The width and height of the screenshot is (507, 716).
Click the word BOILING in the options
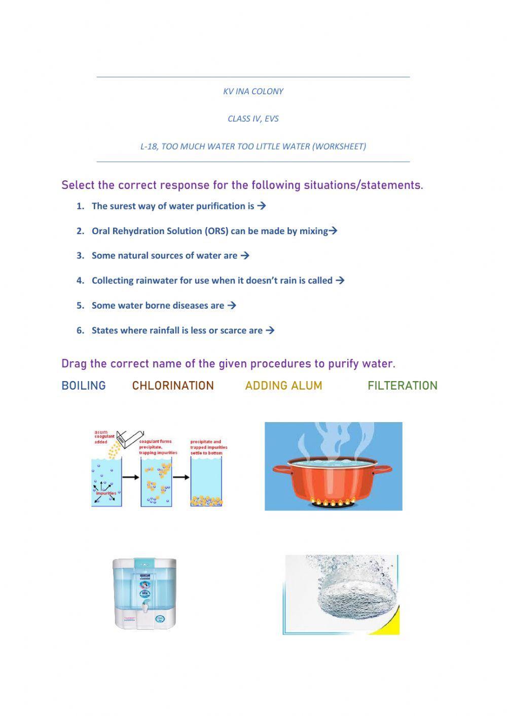(x=84, y=386)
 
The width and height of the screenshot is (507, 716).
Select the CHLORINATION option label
(x=173, y=386)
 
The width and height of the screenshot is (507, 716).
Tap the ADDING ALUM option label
(x=283, y=386)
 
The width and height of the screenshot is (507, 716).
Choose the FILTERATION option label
(x=402, y=386)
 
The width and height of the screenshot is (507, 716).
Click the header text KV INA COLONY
(x=253, y=92)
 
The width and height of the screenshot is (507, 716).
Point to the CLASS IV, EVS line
(x=253, y=119)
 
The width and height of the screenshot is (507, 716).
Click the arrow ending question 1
(x=262, y=206)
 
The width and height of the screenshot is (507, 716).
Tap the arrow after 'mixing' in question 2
(x=333, y=231)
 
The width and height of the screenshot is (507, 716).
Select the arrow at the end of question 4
(x=340, y=280)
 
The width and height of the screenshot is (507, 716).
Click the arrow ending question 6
(x=270, y=330)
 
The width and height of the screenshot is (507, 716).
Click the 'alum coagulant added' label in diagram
(x=104, y=437)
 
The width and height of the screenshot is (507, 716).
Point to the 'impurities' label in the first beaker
(x=106, y=493)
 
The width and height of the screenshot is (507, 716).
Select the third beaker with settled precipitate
(x=206, y=481)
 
